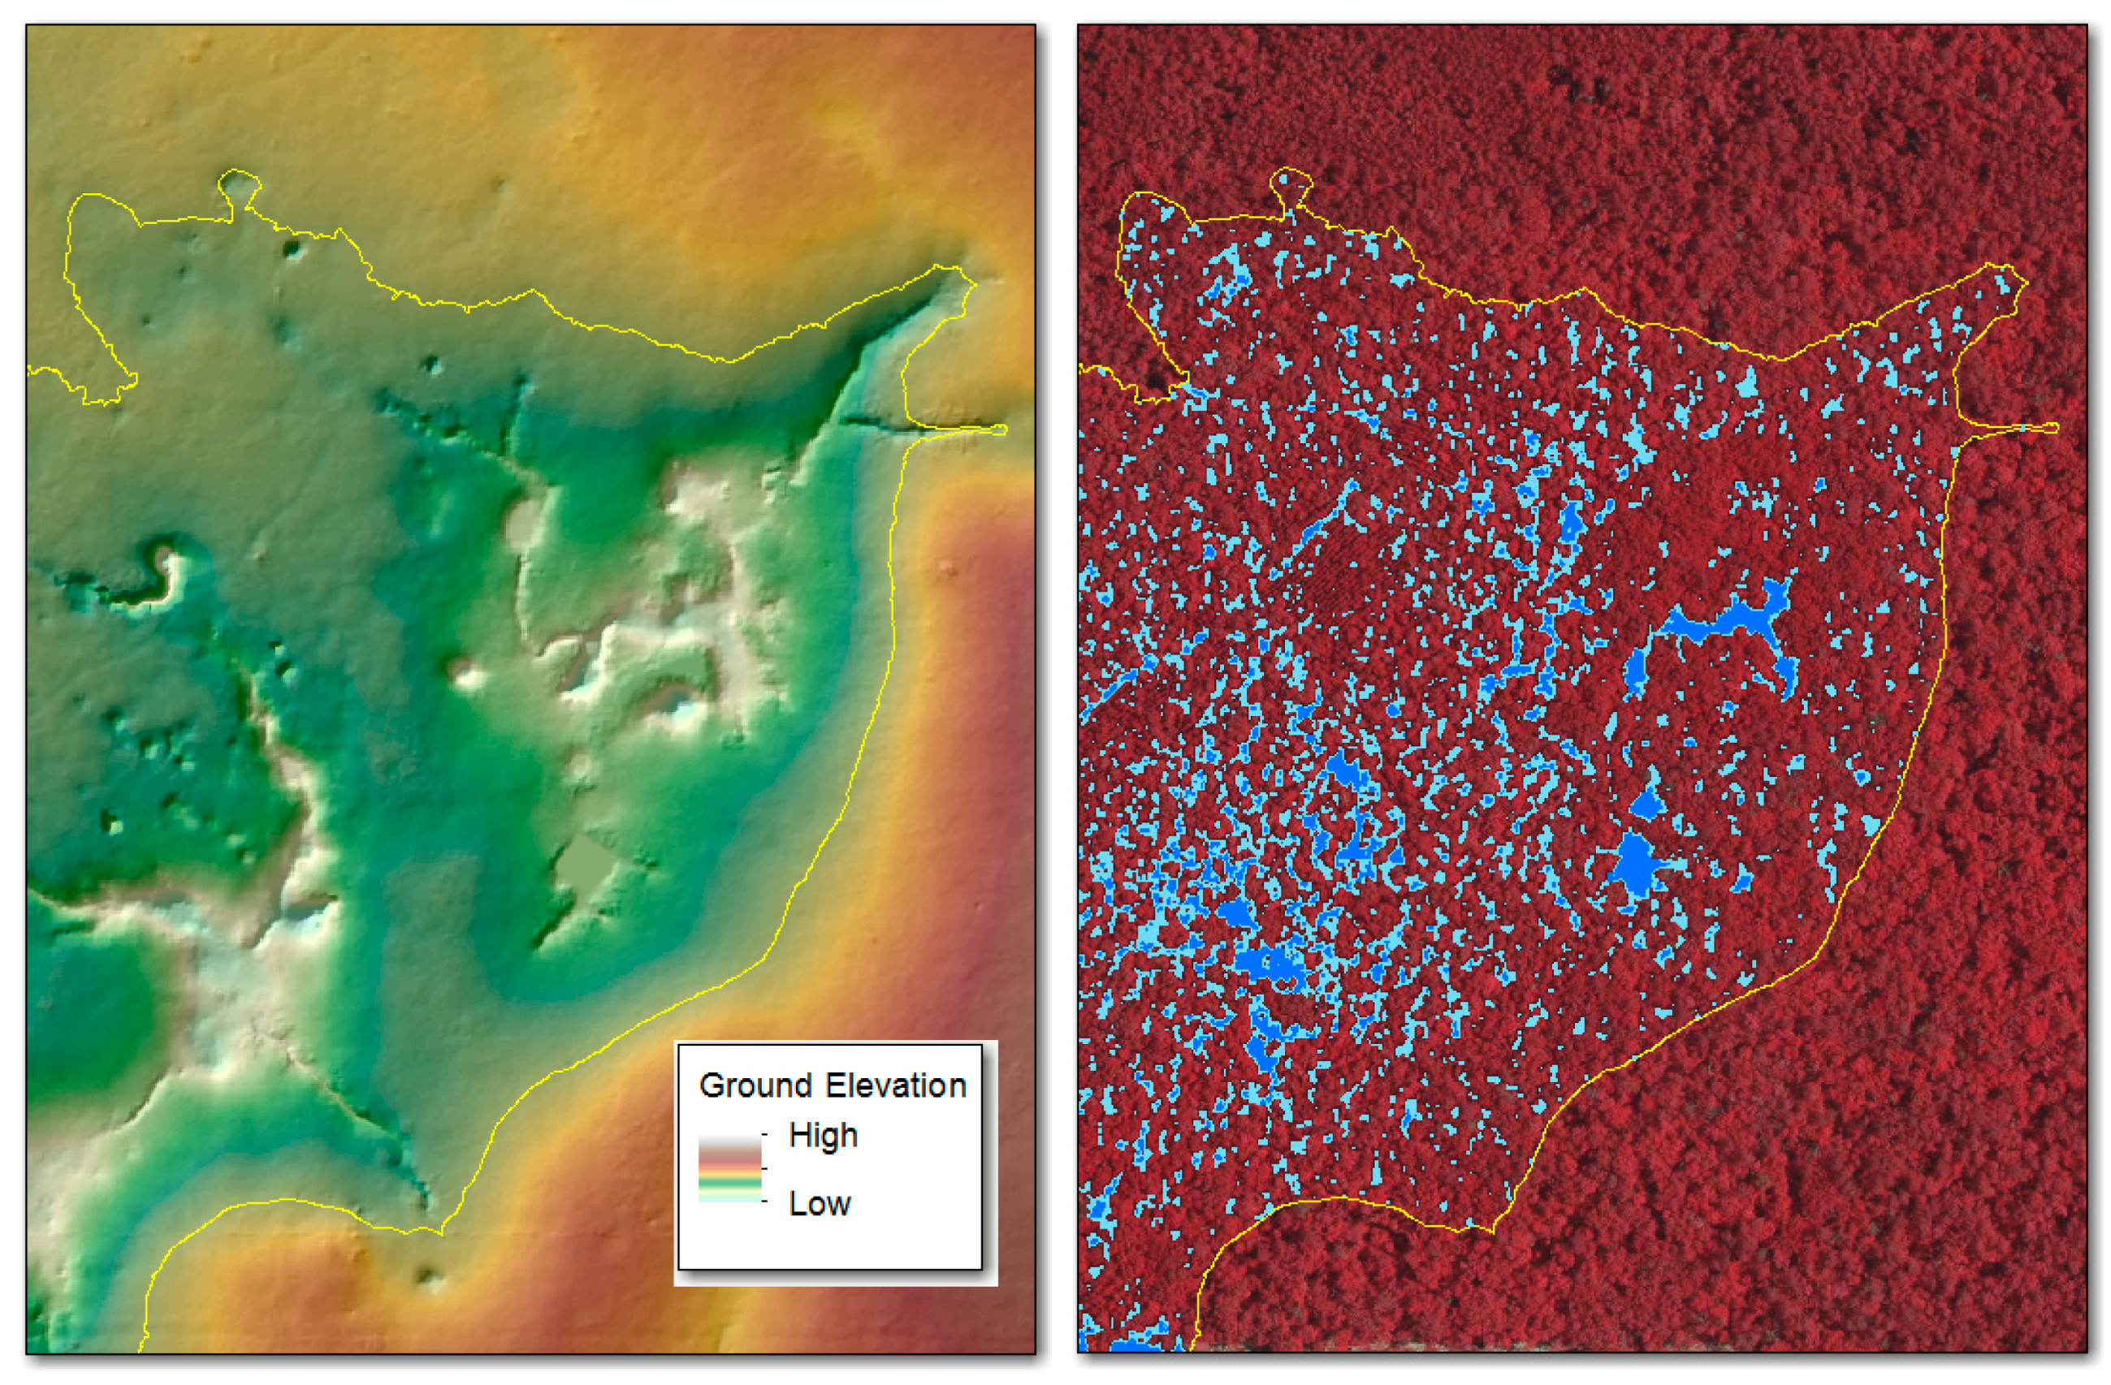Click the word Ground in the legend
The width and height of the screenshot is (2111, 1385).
pos(753,1085)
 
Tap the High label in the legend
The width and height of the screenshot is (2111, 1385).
pos(823,1136)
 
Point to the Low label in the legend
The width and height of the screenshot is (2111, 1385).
pos(819,1204)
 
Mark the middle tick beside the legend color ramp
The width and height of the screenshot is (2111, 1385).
pos(764,1170)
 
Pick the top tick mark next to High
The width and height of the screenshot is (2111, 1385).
pos(764,1135)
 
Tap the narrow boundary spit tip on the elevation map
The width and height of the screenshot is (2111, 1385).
pos(1001,430)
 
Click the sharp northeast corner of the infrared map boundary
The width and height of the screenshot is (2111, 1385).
pos(2024,282)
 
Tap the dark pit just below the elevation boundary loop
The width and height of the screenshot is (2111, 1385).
pos(290,249)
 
